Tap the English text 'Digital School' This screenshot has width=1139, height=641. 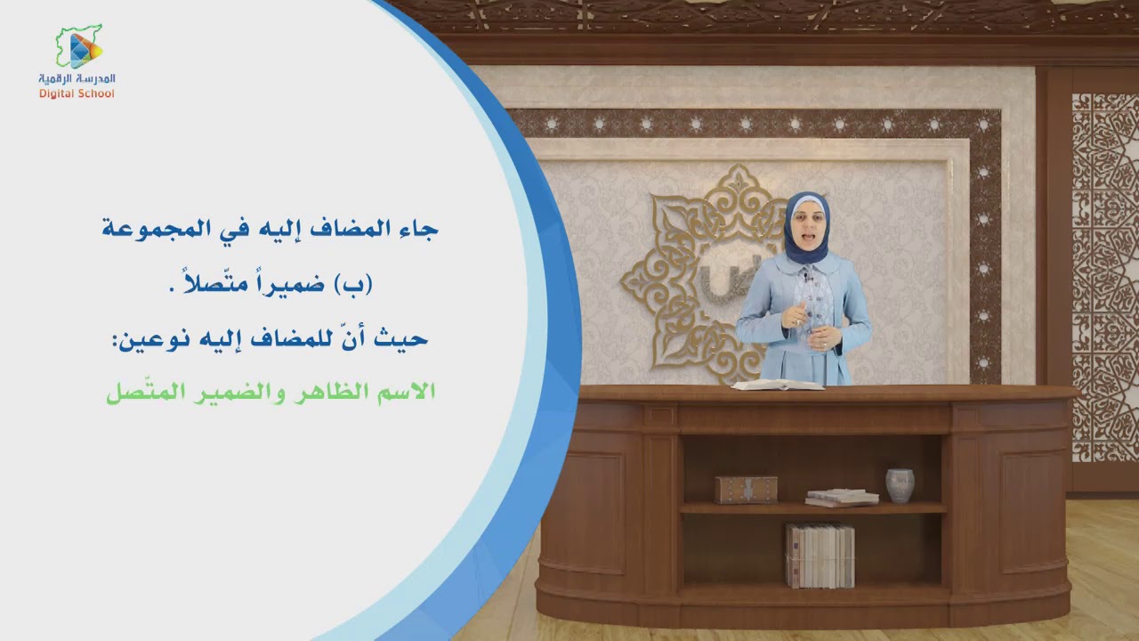point(77,93)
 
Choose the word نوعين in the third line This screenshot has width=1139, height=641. point(142,338)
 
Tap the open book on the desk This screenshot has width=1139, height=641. point(778,385)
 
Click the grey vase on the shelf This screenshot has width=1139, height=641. point(900,485)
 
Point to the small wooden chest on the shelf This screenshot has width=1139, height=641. point(746,489)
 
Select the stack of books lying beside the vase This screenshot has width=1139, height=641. point(842,497)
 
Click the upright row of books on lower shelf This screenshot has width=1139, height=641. point(820,556)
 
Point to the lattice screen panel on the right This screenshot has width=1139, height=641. point(1104,276)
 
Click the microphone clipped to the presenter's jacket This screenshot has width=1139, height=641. point(808,278)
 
